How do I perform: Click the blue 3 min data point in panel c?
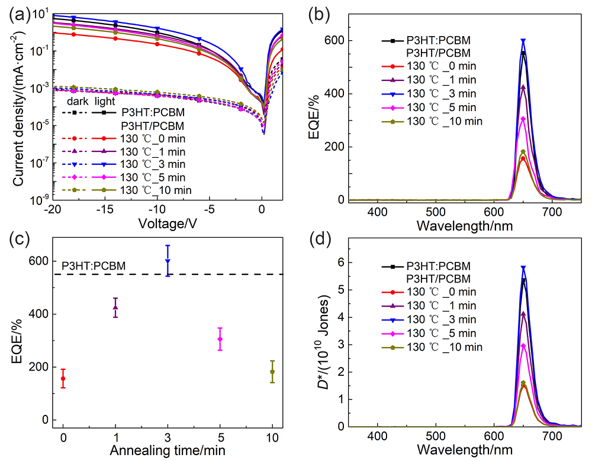click(x=168, y=261)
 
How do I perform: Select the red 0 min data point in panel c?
click(x=63, y=378)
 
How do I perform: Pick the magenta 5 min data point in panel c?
click(x=220, y=339)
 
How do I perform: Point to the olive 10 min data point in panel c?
click(x=272, y=372)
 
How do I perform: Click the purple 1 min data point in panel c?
click(x=115, y=307)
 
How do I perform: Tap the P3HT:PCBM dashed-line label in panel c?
click(x=94, y=267)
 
